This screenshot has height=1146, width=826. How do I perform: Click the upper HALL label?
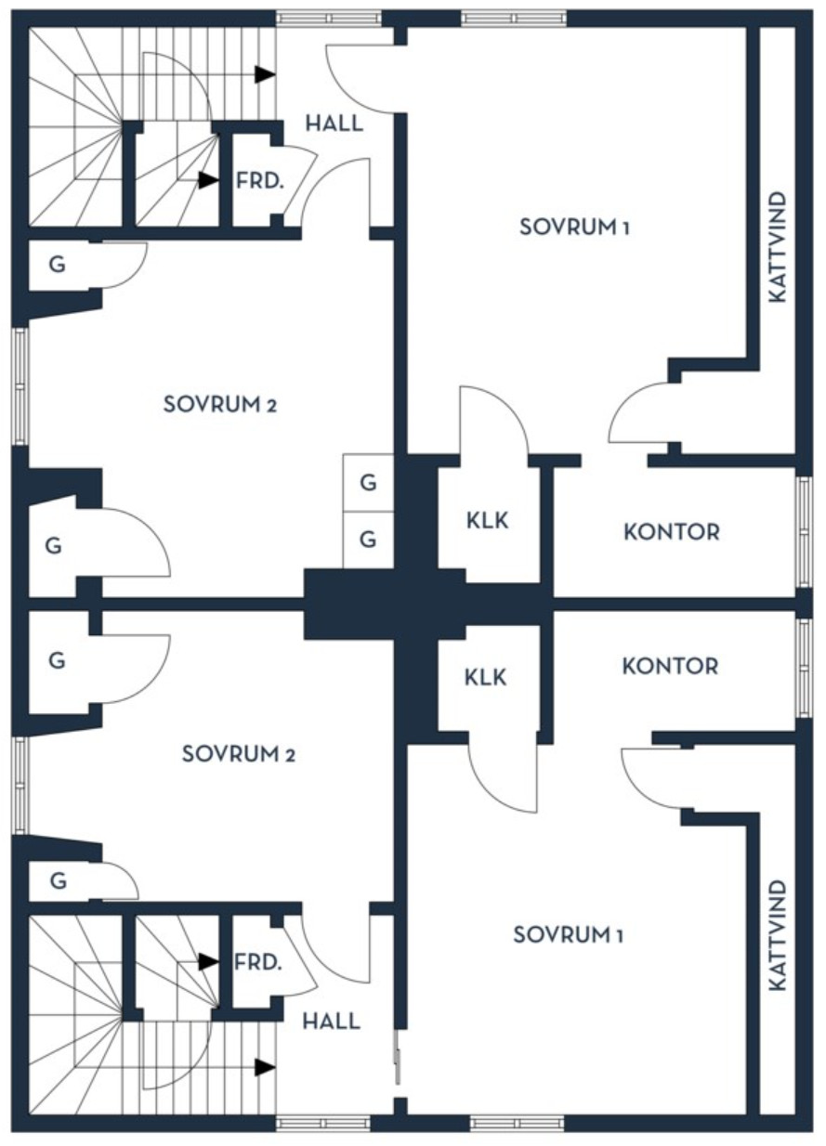(334, 124)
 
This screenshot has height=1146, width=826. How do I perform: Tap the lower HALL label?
(332, 1022)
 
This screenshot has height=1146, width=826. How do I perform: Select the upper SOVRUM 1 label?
(574, 227)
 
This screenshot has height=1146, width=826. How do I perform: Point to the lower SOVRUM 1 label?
(568, 934)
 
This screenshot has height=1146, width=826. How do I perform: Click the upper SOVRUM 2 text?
(220, 404)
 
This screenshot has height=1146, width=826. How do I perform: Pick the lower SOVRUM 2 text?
(239, 754)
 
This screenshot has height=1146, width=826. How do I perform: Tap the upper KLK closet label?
(487, 521)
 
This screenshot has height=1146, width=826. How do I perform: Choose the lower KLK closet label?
(485, 677)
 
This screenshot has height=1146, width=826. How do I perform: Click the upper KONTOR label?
(672, 532)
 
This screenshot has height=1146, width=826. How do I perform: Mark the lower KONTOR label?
(670, 666)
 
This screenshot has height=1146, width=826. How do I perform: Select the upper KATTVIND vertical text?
(778, 247)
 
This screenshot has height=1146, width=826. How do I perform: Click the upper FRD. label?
(259, 181)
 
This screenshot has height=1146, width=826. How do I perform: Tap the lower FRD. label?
(258, 962)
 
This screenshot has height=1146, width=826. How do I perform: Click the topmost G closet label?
(58, 265)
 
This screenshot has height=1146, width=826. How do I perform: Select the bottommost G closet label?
(59, 881)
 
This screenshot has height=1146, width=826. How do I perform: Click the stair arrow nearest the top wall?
(265, 74)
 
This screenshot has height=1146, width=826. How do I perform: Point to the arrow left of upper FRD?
(209, 180)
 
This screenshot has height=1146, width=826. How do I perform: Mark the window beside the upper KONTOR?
(804, 532)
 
